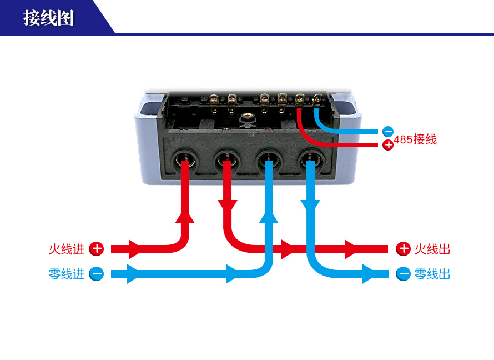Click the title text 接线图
[x=49, y=18]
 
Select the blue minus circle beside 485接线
[x=388, y=132]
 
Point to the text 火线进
[x=67, y=249]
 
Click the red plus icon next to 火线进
[x=97, y=249]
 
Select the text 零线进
[x=67, y=274]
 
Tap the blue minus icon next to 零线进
[x=97, y=274]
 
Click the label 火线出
[x=432, y=249]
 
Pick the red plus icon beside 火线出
[x=403, y=249]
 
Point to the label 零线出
[x=432, y=274]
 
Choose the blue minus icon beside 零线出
[x=404, y=274]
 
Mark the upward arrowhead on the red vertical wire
[x=185, y=216]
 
